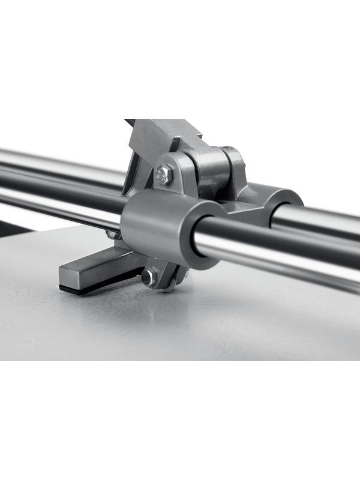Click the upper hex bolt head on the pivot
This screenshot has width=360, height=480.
click(x=164, y=175)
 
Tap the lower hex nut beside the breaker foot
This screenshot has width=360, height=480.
click(x=148, y=277)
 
